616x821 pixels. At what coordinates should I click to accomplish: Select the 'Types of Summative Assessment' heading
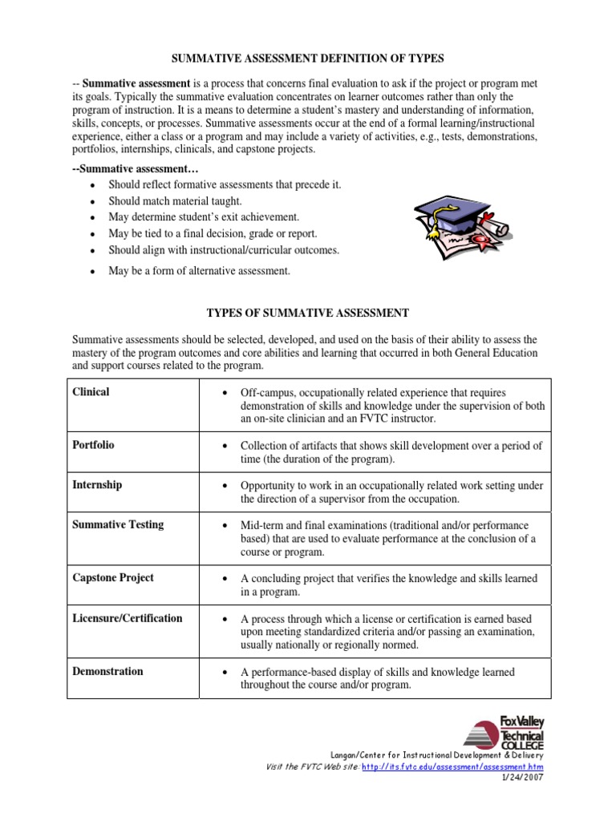click(x=308, y=312)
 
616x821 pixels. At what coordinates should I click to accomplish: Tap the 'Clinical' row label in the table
click(x=91, y=392)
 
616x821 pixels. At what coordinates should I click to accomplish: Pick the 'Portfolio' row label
click(x=94, y=445)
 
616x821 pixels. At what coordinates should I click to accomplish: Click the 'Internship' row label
click(x=97, y=485)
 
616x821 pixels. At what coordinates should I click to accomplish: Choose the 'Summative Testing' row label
click(x=118, y=524)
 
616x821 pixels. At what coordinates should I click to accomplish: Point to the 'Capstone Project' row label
click(x=113, y=577)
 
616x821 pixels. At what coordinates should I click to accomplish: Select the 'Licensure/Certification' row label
click(x=128, y=618)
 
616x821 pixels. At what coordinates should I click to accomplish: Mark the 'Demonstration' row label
click(x=108, y=671)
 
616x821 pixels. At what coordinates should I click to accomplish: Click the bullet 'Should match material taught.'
click(x=175, y=201)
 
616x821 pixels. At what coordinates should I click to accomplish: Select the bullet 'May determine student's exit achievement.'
click(x=204, y=217)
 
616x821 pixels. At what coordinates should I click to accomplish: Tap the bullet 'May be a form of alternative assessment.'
click(x=199, y=271)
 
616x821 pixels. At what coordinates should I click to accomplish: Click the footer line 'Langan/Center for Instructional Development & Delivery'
click(x=436, y=755)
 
